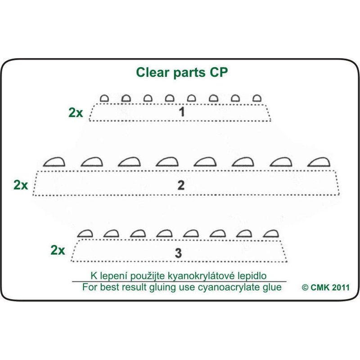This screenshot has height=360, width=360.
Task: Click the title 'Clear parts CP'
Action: (182, 73)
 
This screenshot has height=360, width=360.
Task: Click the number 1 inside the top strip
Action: (182, 112)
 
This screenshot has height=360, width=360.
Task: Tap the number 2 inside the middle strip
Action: (181, 185)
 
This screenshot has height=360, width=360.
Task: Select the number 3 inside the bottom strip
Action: (178, 253)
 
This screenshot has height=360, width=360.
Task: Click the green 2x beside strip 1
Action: (76, 112)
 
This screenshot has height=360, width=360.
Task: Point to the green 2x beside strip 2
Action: (21, 185)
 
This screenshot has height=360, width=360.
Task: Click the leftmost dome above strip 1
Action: (104, 98)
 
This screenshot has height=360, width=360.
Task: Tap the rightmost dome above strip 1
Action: (257, 98)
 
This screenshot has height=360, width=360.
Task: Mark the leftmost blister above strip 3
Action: (85, 233)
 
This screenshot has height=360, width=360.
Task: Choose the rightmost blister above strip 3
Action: (270, 233)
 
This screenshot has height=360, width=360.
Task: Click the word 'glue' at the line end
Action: (272, 288)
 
